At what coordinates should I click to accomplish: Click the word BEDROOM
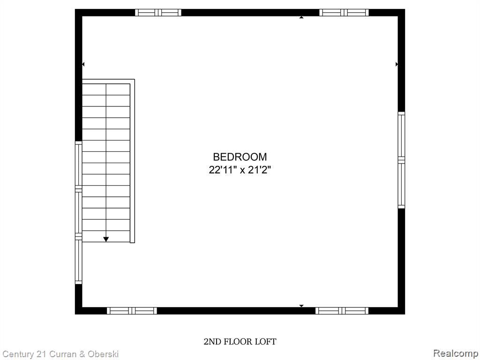[x=240, y=157]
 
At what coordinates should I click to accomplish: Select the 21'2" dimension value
[x=259, y=170]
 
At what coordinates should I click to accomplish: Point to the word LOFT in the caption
[x=266, y=342]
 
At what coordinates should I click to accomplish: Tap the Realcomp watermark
[x=456, y=353]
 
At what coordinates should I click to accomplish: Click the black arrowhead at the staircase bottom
[x=106, y=239]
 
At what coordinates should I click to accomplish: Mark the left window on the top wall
[x=158, y=13]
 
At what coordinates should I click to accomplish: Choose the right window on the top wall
[x=344, y=13]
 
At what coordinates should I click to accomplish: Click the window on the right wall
[x=401, y=160]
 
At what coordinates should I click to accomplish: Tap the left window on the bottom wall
[x=132, y=310]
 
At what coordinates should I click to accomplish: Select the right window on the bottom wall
[x=342, y=310]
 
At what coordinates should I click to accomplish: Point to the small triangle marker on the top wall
[x=301, y=17]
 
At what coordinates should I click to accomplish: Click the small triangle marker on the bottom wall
[x=301, y=306]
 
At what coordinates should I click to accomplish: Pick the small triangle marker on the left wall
[x=83, y=64]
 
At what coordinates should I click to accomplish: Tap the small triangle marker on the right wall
[x=397, y=64]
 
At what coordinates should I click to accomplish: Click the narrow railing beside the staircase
[x=133, y=162]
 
